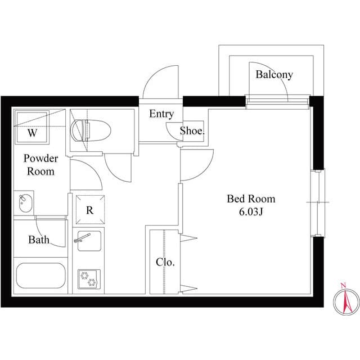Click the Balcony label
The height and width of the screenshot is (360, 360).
[x=274, y=75]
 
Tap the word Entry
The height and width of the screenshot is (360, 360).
[x=161, y=114]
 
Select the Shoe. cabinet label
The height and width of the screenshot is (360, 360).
[x=192, y=131]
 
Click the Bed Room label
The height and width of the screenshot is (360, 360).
[x=251, y=199]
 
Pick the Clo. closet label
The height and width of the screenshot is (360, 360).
[x=165, y=262]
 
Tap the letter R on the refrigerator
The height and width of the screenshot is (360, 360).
[x=89, y=210]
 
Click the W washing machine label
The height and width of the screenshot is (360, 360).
[x=33, y=133]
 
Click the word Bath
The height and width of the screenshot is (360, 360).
[x=39, y=240]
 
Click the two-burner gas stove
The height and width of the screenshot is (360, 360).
[x=89, y=278]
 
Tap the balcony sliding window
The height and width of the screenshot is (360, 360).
[x=277, y=101]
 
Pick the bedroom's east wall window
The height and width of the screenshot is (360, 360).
[x=318, y=202]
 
